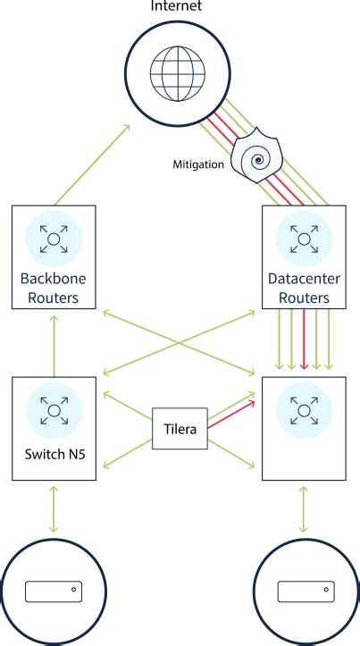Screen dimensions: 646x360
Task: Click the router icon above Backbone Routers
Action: tap(54, 239)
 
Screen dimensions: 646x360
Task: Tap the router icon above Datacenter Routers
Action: tap(304, 239)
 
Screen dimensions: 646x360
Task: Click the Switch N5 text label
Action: tap(54, 465)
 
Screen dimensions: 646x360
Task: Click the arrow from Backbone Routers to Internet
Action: tap(90, 165)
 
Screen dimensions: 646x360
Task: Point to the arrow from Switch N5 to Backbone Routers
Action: tap(54, 344)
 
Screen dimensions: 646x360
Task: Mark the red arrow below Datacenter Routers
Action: tap(305, 340)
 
